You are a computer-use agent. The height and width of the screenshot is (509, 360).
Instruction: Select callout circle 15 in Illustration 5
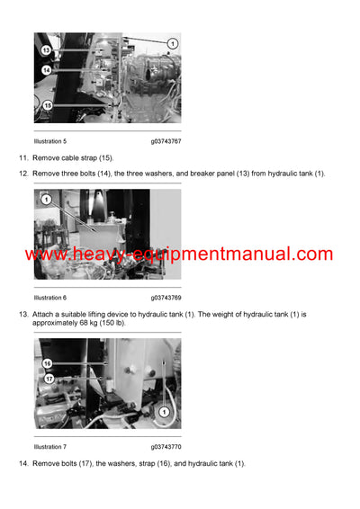47,105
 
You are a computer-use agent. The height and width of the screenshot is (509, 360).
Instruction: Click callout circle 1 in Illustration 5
172,43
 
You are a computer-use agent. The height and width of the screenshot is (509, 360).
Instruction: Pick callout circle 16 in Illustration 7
47,363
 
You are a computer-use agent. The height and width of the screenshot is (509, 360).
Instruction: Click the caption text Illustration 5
49,141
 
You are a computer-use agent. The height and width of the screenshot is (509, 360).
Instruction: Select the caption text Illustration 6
49,297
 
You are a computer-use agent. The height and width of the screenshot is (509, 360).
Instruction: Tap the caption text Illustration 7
49,446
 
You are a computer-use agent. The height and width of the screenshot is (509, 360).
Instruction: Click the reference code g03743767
167,141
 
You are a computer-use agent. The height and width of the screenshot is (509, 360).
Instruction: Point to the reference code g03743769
167,297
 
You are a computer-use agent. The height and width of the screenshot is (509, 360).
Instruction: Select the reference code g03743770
167,446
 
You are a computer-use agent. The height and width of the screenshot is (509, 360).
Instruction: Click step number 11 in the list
22,157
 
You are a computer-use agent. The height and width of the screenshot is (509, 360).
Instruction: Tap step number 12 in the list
22,173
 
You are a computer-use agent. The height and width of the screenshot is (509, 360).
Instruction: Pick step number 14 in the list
22,462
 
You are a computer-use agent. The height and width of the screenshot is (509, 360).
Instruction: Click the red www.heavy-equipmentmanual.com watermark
179,254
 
